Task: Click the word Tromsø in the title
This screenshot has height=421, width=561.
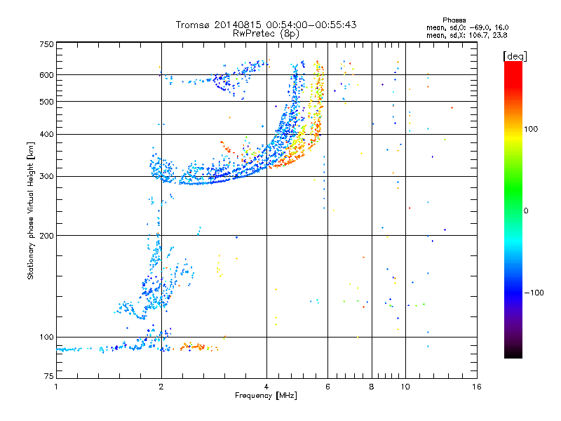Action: click(x=193, y=25)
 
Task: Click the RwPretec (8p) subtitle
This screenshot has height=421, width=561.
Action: click(x=266, y=33)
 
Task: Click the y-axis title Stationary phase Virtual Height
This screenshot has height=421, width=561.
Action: click(x=31, y=210)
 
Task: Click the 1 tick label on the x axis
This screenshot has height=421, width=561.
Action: click(x=56, y=387)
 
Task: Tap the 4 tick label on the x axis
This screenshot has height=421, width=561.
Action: click(x=266, y=387)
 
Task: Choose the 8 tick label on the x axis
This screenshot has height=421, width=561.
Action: click(x=372, y=387)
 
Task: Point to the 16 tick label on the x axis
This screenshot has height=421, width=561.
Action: click(x=477, y=387)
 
